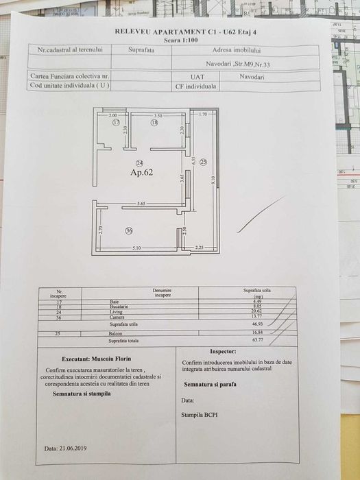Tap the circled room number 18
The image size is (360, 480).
pos(154,123)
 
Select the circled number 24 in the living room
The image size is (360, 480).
pos(139,163)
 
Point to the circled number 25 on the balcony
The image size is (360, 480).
pos(204,162)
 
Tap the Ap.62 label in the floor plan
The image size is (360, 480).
pos(142,173)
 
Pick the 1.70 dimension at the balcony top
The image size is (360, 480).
pos(203,115)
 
